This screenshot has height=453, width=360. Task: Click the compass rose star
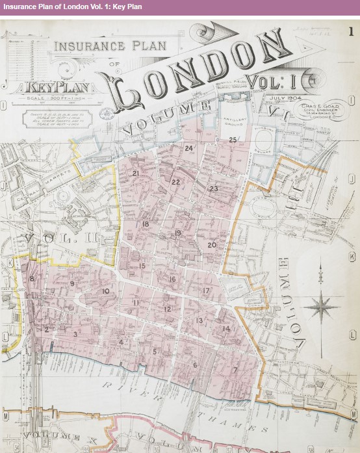pos(323,305)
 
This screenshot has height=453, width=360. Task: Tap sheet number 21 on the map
pos(136,174)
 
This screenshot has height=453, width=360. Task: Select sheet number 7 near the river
pos(235,370)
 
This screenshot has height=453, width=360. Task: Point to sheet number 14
pos(226,329)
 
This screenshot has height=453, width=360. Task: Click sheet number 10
pos(105,291)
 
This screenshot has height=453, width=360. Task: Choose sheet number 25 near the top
pos(233,140)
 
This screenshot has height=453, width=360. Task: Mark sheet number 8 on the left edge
pos(32,279)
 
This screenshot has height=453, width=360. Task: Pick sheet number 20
pos(212,245)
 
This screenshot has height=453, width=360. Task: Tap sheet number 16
pos(172,279)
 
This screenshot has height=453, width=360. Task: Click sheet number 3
pos(75,334)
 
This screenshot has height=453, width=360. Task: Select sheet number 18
pos(146,224)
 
